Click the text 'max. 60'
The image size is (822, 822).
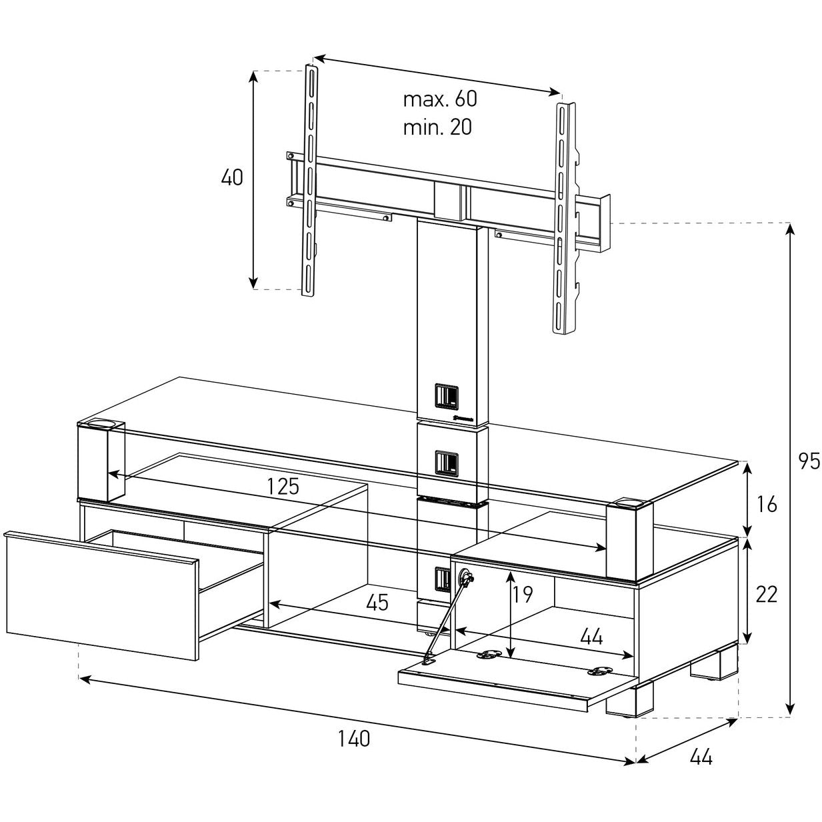440,99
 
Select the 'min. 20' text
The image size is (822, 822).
437,127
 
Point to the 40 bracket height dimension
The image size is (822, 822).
232,178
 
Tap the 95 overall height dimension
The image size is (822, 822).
808,461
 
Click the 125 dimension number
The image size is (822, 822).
283,486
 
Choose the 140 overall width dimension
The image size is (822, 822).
353,739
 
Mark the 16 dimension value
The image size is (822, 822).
767,505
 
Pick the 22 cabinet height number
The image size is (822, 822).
767,594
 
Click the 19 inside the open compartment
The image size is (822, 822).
524,594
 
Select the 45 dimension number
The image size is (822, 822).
377,603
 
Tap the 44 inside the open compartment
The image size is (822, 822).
591,637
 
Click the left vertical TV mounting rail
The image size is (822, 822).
310,180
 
